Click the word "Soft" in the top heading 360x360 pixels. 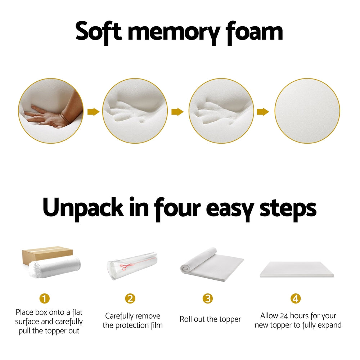(98, 32)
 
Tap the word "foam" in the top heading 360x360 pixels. (254, 32)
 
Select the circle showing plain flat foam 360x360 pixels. (307, 111)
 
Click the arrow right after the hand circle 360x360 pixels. (93, 112)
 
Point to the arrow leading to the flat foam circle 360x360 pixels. (263, 112)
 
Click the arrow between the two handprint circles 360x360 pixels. (177, 112)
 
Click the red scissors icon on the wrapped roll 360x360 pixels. (126, 267)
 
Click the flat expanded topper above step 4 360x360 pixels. (296, 269)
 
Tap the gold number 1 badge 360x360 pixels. (45, 299)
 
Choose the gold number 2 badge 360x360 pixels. (130, 298)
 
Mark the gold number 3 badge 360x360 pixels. (207, 298)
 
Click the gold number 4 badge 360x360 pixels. (296, 298)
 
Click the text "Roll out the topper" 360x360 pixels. (210, 319)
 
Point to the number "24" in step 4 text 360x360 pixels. (284, 316)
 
